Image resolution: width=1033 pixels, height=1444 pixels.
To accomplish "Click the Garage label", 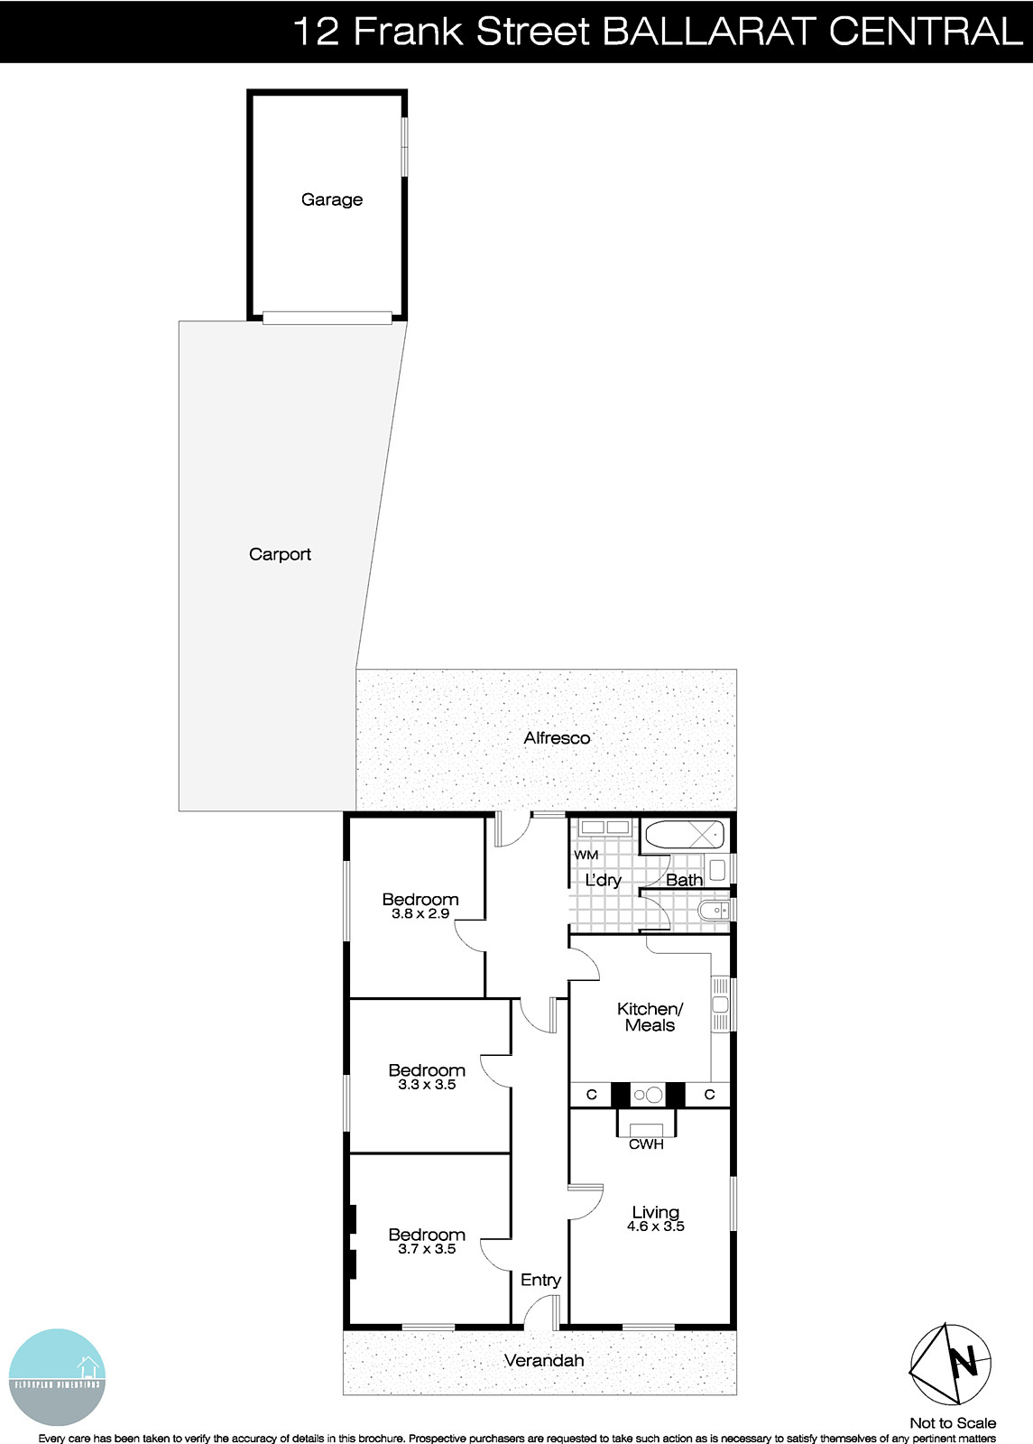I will click(331, 199).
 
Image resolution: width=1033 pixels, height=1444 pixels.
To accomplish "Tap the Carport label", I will click(280, 554).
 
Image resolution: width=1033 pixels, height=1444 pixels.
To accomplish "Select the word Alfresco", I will click(557, 737).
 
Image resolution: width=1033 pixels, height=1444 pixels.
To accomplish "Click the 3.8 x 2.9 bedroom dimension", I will click(420, 913).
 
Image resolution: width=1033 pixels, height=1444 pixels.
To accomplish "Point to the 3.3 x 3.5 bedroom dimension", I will click(427, 1085).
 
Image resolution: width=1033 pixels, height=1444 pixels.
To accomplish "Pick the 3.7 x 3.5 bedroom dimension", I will click(427, 1249).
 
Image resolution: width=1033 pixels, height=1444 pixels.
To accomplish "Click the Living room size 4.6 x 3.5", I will click(655, 1226).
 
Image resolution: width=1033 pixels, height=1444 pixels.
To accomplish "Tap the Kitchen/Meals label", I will click(650, 1017).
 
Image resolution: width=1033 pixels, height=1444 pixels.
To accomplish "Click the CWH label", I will click(646, 1144).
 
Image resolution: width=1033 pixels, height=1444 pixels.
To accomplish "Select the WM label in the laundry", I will click(586, 855).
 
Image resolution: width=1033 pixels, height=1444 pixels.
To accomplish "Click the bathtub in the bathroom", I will click(683, 835).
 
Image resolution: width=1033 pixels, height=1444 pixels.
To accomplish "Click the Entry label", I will click(540, 1280).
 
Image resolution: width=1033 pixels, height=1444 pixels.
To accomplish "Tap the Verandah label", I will click(544, 1360).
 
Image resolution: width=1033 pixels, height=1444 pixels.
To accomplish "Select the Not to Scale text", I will click(953, 1423).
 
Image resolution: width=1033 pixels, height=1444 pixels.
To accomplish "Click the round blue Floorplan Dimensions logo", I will click(57, 1377).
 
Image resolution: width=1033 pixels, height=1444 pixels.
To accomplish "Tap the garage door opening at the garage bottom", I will click(327, 317).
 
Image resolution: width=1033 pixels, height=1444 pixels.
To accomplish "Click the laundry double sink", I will click(604, 828).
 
